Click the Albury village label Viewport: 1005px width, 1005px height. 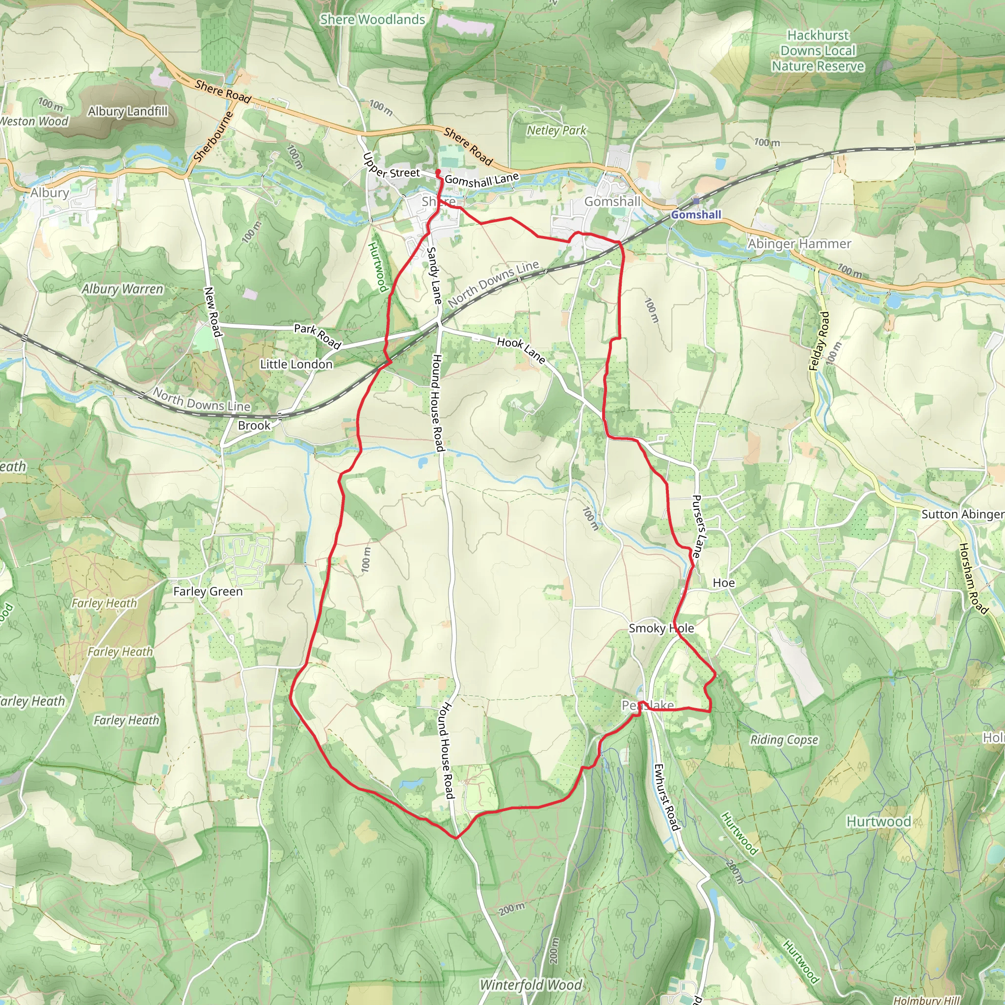point(50,192)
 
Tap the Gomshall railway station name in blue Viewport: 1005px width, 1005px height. point(696,215)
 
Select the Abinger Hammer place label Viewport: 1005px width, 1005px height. point(799,243)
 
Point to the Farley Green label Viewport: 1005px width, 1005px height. point(208,591)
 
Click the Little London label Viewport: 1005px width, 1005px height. point(296,364)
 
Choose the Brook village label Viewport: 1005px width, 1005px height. point(254,425)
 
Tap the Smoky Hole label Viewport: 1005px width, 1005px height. point(661,629)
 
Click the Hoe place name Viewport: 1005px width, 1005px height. point(724,583)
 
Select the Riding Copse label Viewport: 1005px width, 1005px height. point(784,740)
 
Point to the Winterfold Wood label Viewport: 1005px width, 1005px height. point(530,985)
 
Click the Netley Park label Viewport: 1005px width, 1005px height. point(556,130)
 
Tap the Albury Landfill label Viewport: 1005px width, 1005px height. point(128,111)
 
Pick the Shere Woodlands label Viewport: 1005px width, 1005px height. point(372,20)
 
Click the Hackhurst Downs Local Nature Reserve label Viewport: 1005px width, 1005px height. point(818,51)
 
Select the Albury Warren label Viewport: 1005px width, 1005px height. point(122,289)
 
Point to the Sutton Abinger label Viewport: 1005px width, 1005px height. point(962,514)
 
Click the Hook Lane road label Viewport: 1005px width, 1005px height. point(521,350)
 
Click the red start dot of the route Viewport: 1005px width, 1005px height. point(438,171)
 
